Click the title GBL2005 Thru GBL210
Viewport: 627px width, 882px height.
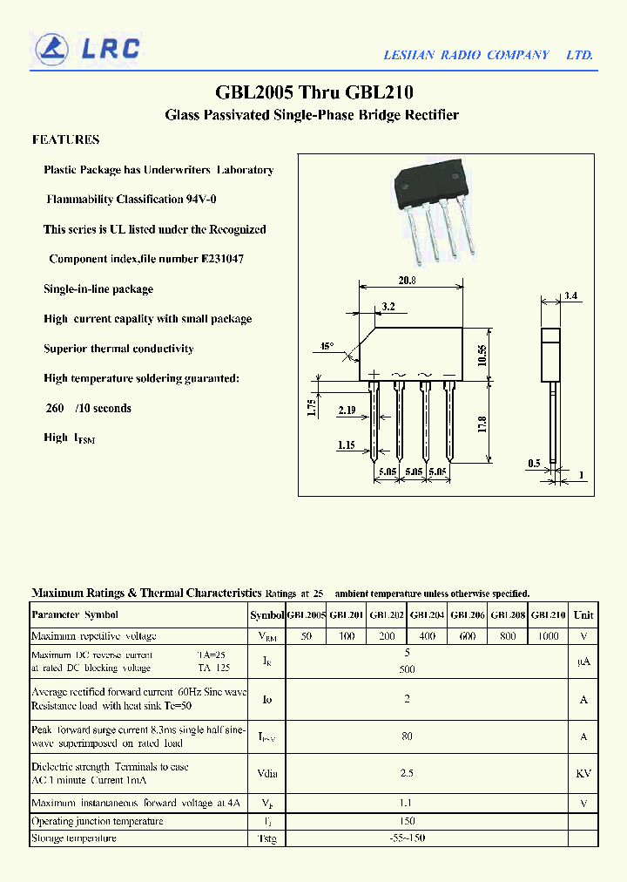pos(313,92)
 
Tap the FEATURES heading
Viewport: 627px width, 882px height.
pos(65,139)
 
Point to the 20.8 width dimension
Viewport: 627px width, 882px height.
pos(408,281)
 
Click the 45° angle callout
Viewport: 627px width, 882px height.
pos(327,346)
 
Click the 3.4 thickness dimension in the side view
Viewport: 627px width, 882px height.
pos(570,296)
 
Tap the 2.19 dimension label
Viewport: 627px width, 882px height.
pos(348,410)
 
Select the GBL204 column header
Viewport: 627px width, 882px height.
pos(428,614)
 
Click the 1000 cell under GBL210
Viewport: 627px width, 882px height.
pos(548,636)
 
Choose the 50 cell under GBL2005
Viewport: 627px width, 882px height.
pos(306,636)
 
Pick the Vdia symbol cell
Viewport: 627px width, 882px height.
pos(266,773)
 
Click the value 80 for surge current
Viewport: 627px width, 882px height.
pos(407,736)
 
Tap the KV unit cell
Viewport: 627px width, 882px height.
pos(583,773)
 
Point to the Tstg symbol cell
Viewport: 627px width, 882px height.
pos(266,838)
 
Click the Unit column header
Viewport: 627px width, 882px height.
pos(583,614)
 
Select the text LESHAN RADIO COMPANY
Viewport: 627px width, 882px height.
pos(467,55)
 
